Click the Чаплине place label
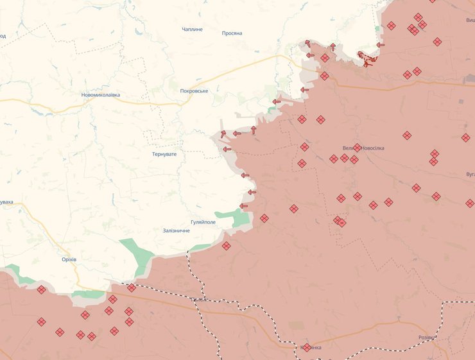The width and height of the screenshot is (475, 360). (x=192, y=30)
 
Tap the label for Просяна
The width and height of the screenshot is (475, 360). (x=232, y=33)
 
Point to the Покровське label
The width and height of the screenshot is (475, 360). (x=194, y=91)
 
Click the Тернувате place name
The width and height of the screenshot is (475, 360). (x=164, y=154)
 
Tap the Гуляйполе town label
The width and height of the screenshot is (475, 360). (x=203, y=222)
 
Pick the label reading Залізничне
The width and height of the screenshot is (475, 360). (x=177, y=230)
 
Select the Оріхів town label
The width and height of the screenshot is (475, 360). (x=69, y=259)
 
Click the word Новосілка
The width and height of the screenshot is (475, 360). (x=373, y=148)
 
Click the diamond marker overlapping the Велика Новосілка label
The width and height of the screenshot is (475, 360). (x=357, y=148)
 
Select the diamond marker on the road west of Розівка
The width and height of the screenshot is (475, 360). (x=307, y=347)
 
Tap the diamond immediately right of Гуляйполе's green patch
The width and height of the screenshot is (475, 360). (x=264, y=218)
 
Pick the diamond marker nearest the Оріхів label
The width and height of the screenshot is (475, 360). (x=41, y=289)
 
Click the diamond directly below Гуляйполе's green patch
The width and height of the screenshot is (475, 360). (x=226, y=246)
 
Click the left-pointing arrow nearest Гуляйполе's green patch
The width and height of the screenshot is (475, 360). (x=243, y=206)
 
